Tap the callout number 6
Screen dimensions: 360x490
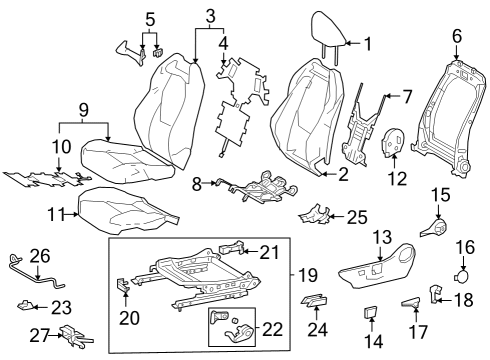tap(456, 36)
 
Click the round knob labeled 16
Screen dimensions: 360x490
tap(462, 269)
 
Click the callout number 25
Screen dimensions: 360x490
tap(357, 215)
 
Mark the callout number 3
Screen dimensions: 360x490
tap(209, 16)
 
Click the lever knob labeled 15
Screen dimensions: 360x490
tap(436, 227)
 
